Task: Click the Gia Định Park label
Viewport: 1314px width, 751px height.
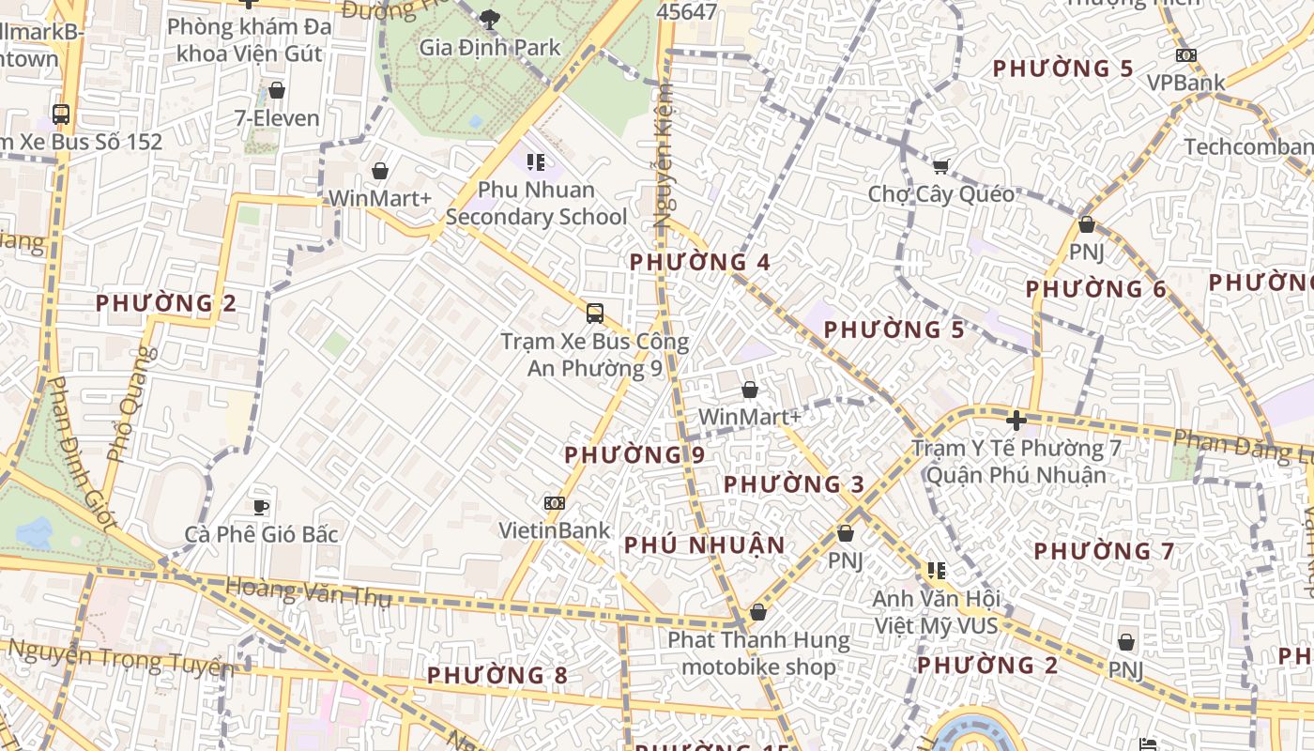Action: click(489, 47)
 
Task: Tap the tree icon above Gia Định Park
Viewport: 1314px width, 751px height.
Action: click(489, 18)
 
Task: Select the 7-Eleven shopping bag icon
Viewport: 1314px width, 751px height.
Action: click(277, 90)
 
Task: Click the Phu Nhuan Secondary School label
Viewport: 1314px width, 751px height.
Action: click(536, 204)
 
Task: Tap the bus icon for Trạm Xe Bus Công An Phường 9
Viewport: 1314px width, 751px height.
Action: click(594, 314)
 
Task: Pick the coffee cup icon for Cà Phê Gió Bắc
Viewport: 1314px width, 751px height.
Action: click(261, 507)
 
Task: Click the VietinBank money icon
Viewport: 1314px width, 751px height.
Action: click(555, 503)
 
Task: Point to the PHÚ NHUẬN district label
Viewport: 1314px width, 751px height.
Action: click(704, 545)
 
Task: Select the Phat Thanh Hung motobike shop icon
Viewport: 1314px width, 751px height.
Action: click(758, 613)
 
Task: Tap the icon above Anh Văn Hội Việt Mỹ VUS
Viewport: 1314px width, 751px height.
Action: click(936, 570)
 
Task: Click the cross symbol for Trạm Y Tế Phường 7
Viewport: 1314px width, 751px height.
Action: click(1016, 420)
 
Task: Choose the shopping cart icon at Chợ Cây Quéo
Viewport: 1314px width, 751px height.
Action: click(940, 167)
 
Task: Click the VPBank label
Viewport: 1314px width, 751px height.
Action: click(1186, 83)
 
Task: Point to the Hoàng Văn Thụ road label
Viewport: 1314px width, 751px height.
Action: click(308, 591)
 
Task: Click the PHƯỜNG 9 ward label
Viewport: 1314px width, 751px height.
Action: click(634, 455)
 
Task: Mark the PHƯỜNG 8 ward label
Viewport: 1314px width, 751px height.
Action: click(497, 675)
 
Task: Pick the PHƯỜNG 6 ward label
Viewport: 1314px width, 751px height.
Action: click(1095, 289)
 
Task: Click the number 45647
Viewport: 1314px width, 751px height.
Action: click(687, 12)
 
